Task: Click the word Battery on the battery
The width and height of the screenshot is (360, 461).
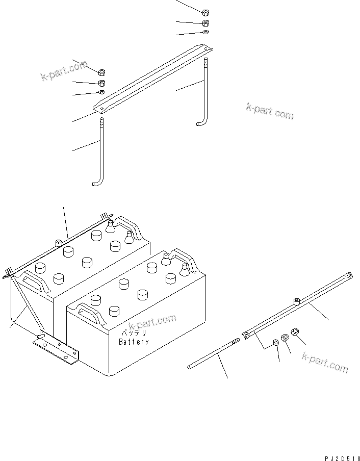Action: click(x=134, y=342)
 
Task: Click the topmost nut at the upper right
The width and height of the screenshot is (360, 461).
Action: click(x=205, y=13)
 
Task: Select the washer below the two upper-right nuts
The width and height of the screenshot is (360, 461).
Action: click(x=205, y=32)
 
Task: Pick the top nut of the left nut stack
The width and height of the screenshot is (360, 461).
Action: click(x=101, y=72)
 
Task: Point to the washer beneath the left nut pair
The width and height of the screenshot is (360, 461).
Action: click(x=101, y=92)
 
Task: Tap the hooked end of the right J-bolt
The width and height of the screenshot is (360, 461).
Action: click(x=200, y=123)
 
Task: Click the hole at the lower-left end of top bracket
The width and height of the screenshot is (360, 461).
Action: click(x=101, y=108)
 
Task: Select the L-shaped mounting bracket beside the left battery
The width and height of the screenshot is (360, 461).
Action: click(x=56, y=348)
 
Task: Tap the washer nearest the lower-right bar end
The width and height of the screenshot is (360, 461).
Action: click(x=276, y=342)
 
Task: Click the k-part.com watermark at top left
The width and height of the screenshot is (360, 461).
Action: click(x=64, y=71)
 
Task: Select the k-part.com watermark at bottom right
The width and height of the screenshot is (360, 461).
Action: click(x=325, y=362)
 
